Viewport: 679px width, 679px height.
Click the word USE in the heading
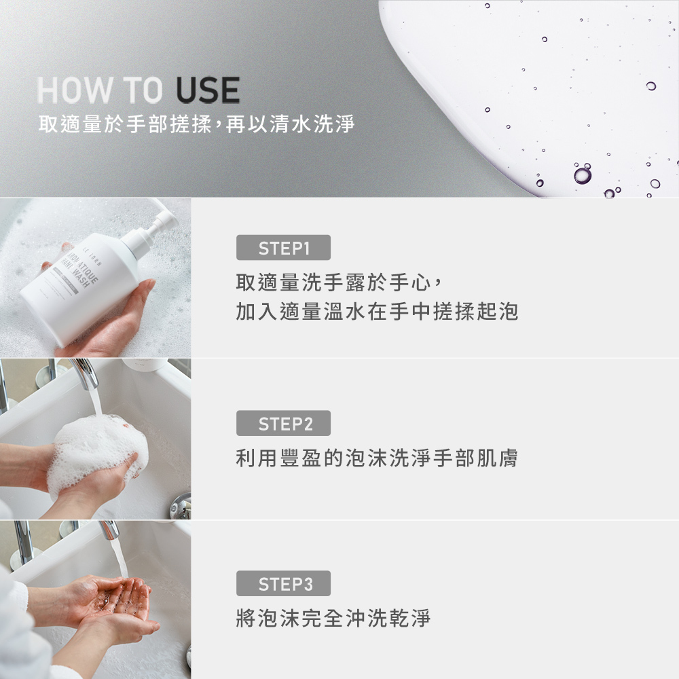pyautogui.click(x=207, y=91)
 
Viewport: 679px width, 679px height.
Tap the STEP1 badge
pyautogui.click(x=283, y=249)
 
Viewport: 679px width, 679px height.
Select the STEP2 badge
pyautogui.click(x=283, y=424)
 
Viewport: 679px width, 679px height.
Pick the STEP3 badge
pyautogui.click(x=283, y=584)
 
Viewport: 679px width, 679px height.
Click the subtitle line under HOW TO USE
pyautogui.click(x=197, y=124)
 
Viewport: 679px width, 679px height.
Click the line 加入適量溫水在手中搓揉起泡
pyautogui.click(x=377, y=312)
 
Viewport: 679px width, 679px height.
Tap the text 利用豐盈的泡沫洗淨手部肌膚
pyautogui.click(x=377, y=458)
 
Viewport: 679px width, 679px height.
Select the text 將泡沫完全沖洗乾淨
pyautogui.click(x=333, y=619)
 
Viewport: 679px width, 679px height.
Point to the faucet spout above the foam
pyautogui.click(x=86, y=373)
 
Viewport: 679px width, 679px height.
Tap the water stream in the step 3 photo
pyautogui.click(x=120, y=557)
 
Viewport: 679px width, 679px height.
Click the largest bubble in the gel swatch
pyautogui.click(x=582, y=175)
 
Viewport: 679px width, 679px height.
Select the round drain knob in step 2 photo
pyautogui.click(x=181, y=506)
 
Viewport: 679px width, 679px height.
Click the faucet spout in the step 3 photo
pyautogui.click(x=109, y=529)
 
